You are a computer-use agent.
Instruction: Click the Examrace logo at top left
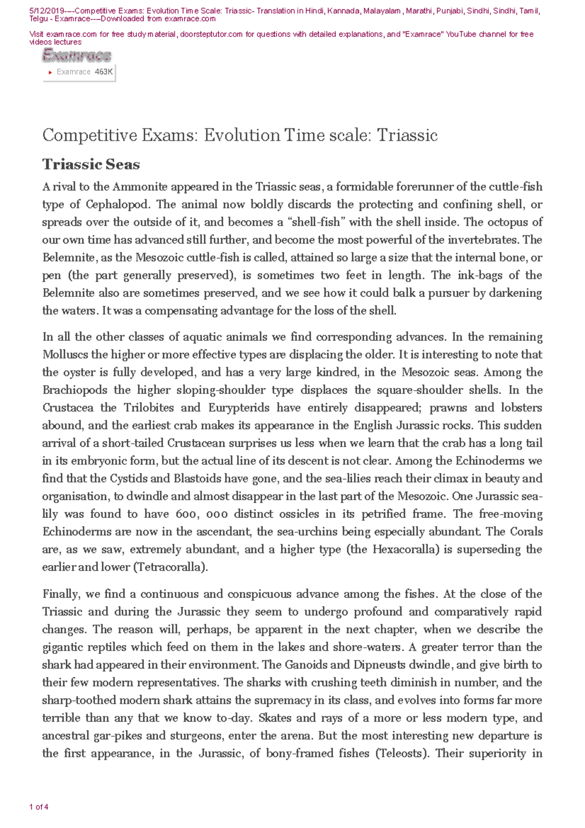tap(77, 56)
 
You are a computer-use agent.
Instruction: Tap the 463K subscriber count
tap(104, 72)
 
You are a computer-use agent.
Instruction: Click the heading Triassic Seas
tap(91, 164)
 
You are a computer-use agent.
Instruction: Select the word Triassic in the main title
tap(407, 135)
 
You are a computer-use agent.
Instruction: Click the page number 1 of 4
tap(39, 807)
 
